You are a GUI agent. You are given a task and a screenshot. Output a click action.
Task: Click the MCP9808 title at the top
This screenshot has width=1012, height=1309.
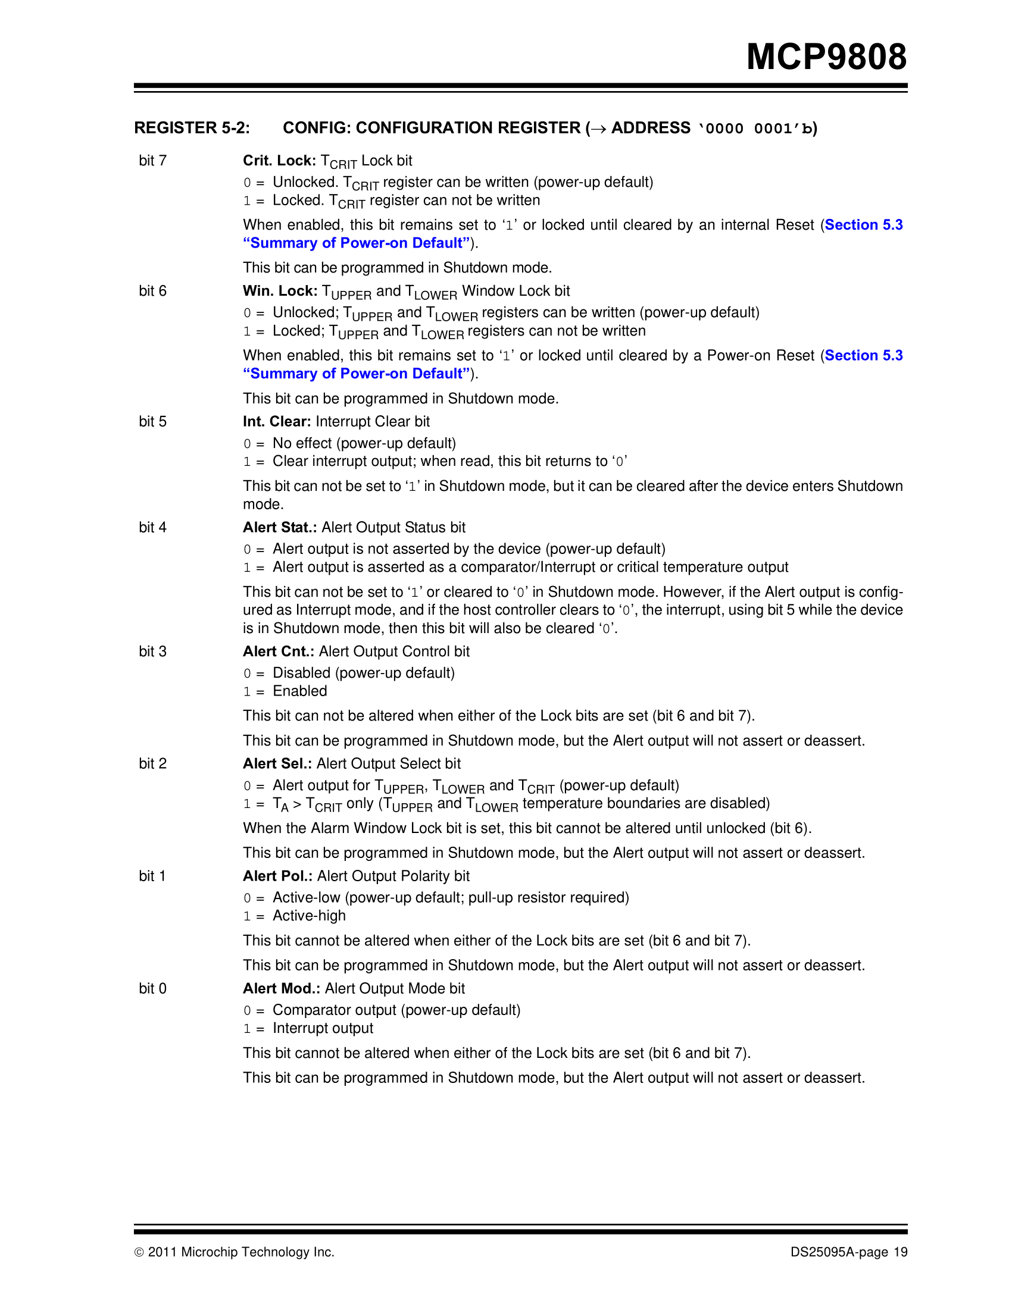(826, 58)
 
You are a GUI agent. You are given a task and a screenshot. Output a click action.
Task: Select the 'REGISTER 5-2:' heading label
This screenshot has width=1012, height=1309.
(192, 128)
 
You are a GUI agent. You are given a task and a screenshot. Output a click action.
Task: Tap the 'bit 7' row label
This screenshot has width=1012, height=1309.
(152, 161)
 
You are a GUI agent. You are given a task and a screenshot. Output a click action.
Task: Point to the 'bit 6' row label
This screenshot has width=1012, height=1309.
(152, 292)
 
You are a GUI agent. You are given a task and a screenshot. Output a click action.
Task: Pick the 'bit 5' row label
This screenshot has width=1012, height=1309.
(152, 422)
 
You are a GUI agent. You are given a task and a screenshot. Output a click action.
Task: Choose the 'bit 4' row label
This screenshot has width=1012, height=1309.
(152, 527)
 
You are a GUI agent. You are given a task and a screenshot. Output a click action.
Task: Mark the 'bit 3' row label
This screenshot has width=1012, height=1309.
(152, 652)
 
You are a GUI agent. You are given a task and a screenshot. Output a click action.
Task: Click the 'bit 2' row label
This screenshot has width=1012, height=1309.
(152, 763)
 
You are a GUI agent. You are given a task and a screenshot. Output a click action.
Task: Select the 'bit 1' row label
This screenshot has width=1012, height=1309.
(152, 876)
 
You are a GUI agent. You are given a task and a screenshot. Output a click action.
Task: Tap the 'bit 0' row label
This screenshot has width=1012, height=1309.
(152, 988)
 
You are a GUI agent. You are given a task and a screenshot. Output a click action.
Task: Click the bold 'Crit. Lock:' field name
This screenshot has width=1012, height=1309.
(279, 161)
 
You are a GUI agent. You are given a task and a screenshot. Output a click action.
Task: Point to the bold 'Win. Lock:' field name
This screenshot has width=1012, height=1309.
(280, 292)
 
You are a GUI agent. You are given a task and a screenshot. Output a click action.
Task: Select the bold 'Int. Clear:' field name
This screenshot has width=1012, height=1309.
(276, 422)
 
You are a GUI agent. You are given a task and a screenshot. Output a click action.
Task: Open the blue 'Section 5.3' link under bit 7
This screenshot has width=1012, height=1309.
(863, 225)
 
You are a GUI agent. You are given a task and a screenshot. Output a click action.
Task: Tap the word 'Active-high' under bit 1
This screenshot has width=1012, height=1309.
(309, 916)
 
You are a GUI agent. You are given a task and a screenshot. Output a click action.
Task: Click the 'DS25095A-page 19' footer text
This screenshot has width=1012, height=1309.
(848, 1252)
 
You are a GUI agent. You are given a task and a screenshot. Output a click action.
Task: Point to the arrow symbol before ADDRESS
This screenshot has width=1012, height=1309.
(598, 129)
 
